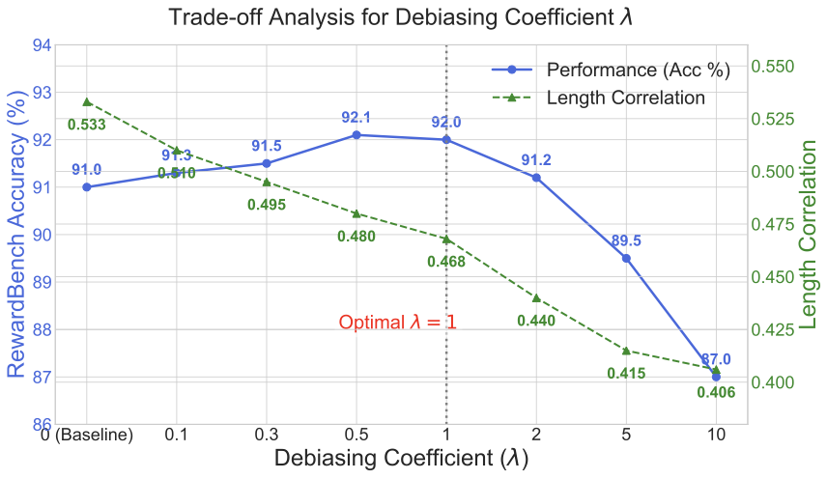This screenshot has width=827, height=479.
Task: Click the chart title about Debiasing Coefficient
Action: coord(401,17)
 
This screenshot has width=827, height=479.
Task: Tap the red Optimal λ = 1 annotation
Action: coord(397,323)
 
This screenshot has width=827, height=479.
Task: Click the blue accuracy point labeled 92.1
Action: coord(356,134)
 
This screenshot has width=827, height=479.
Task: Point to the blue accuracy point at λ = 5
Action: coord(626,258)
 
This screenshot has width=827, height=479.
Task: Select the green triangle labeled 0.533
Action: coord(87,101)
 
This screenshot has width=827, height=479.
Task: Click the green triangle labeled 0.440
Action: coord(536,297)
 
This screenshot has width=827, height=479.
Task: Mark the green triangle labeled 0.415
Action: coord(626,351)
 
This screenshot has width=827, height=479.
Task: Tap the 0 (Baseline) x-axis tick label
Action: coord(87,435)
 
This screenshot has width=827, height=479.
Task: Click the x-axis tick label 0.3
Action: coord(267,435)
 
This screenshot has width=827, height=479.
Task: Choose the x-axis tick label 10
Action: coord(716,435)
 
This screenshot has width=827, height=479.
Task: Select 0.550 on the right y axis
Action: coord(777,67)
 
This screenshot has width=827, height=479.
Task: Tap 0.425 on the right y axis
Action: coord(777,329)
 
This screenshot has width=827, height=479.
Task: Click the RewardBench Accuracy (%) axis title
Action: coord(16,235)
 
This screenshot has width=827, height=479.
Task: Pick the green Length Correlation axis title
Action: coord(811,235)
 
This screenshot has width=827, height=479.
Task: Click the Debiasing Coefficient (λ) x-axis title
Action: coord(401,459)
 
